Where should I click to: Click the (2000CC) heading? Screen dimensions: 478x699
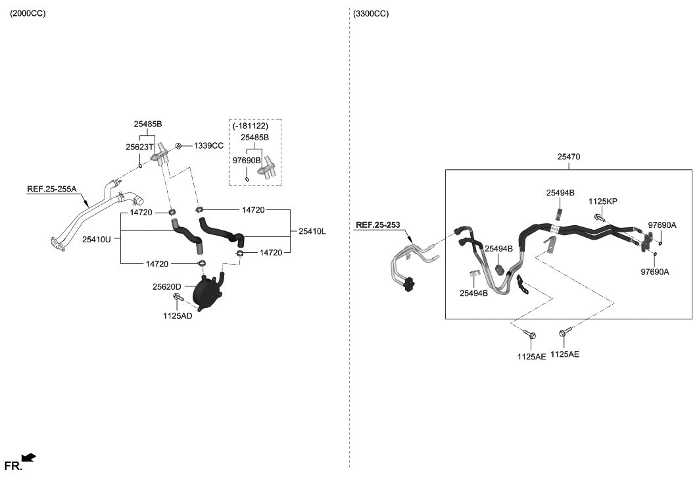click(x=28, y=13)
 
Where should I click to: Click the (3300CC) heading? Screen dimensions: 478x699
click(x=371, y=13)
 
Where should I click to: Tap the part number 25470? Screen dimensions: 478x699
click(x=568, y=157)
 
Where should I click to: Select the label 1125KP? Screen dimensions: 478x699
click(x=602, y=201)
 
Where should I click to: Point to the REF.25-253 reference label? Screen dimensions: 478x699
click(x=377, y=225)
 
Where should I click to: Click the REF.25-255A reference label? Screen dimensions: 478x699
click(x=52, y=189)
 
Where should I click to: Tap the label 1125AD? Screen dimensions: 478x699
click(x=178, y=316)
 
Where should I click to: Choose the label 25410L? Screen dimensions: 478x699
click(x=312, y=231)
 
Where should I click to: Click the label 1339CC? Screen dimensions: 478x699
click(x=208, y=146)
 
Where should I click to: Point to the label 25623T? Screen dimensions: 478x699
click(x=139, y=147)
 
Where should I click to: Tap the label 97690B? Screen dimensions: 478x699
click(x=247, y=160)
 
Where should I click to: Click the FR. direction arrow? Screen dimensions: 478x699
click(x=28, y=457)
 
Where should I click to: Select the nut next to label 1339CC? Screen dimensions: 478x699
click(x=178, y=146)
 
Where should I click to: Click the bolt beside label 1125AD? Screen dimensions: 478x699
click(x=178, y=300)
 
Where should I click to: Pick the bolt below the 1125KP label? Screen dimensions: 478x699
click(x=600, y=217)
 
